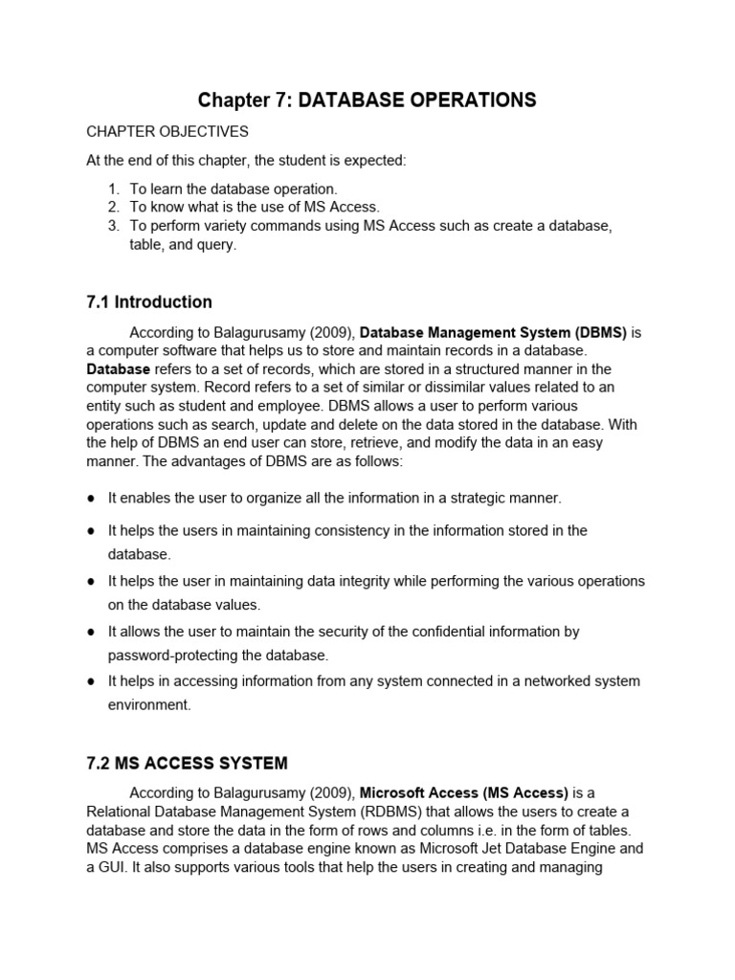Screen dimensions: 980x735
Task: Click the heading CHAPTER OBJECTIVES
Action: point(167,131)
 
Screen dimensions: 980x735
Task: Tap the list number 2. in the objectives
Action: point(113,207)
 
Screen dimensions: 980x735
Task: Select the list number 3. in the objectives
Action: point(113,226)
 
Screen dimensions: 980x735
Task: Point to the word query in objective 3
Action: point(216,245)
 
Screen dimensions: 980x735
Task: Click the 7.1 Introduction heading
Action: point(149,302)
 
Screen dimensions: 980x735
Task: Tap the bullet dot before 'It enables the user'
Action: point(91,499)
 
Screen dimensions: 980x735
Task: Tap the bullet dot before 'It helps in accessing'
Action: point(91,682)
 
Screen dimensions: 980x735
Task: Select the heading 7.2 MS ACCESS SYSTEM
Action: point(187,764)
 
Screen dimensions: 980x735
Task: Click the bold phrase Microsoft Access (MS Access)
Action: point(464,792)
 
